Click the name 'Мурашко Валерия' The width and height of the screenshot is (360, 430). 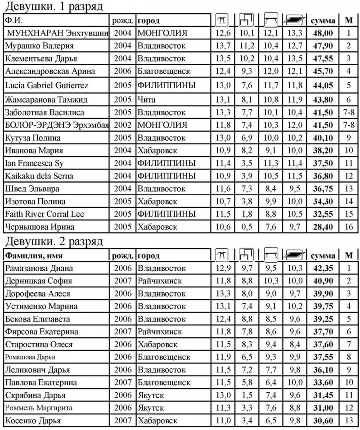point(39,45)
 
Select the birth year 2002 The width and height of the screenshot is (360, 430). point(122,125)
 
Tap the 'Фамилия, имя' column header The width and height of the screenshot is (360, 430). point(33,255)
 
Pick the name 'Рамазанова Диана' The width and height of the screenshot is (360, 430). point(38,269)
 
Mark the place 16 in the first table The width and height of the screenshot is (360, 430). point(348,226)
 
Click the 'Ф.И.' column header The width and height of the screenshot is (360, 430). point(13,21)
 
